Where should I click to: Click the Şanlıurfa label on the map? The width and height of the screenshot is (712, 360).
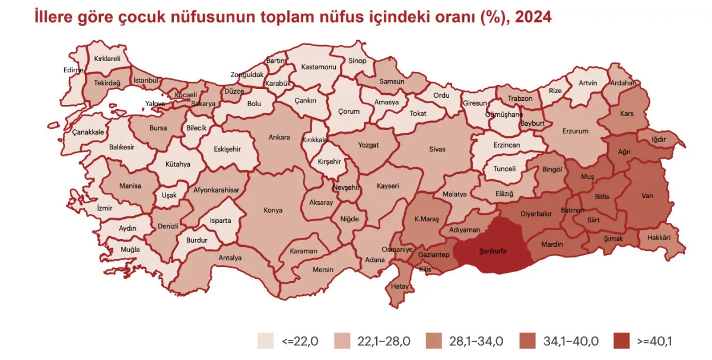(x=492, y=251)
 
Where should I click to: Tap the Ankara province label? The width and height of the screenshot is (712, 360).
(x=279, y=138)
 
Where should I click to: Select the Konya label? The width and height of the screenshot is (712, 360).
(x=273, y=210)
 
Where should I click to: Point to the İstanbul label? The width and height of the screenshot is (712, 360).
(x=145, y=80)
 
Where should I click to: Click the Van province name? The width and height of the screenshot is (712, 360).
(x=647, y=195)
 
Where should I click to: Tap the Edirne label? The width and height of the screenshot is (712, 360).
(x=74, y=69)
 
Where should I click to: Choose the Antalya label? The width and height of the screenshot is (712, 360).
(x=230, y=258)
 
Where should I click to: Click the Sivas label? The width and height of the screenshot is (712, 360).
(x=437, y=149)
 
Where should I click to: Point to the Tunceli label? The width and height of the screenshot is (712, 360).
(x=505, y=168)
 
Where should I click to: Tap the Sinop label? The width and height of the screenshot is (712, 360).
(x=357, y=60)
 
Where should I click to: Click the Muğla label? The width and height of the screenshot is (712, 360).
(x=131, y=250)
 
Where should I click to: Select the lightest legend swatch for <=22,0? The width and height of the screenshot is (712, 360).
(x=265, y=341)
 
